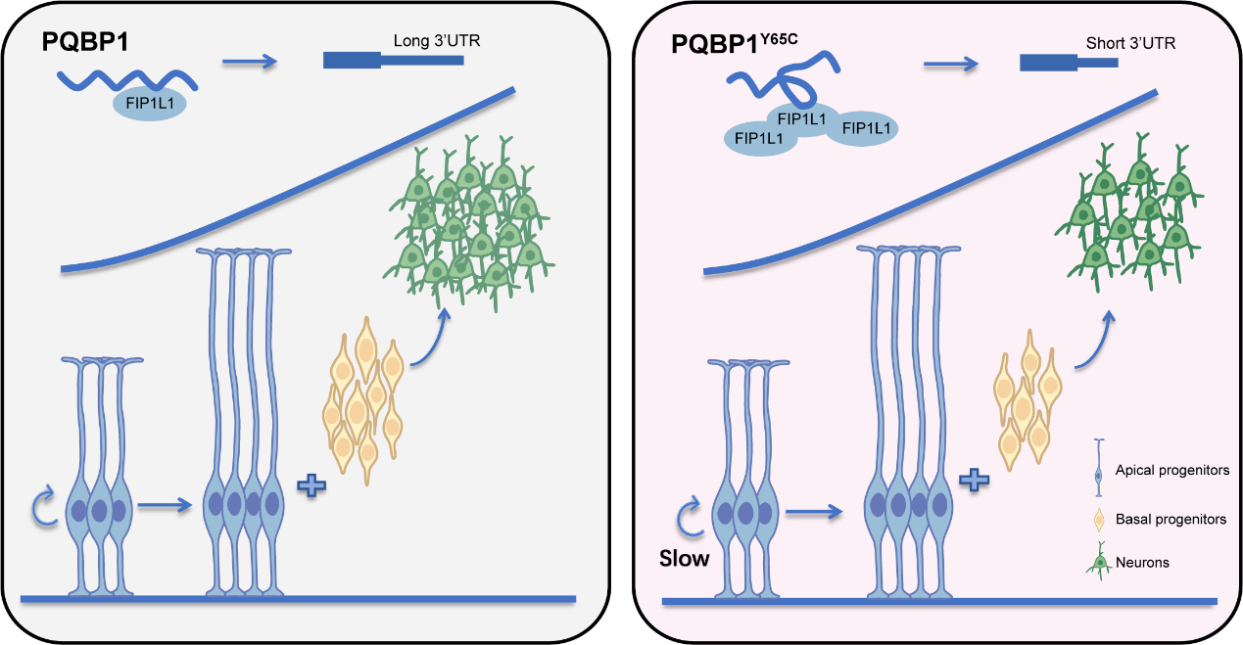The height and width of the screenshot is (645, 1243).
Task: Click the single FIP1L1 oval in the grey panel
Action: (x=149, y=103)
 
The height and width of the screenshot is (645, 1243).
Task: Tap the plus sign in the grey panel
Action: (x=311, y=484)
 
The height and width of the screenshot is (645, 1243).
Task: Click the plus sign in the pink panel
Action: (x=972, y=480)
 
